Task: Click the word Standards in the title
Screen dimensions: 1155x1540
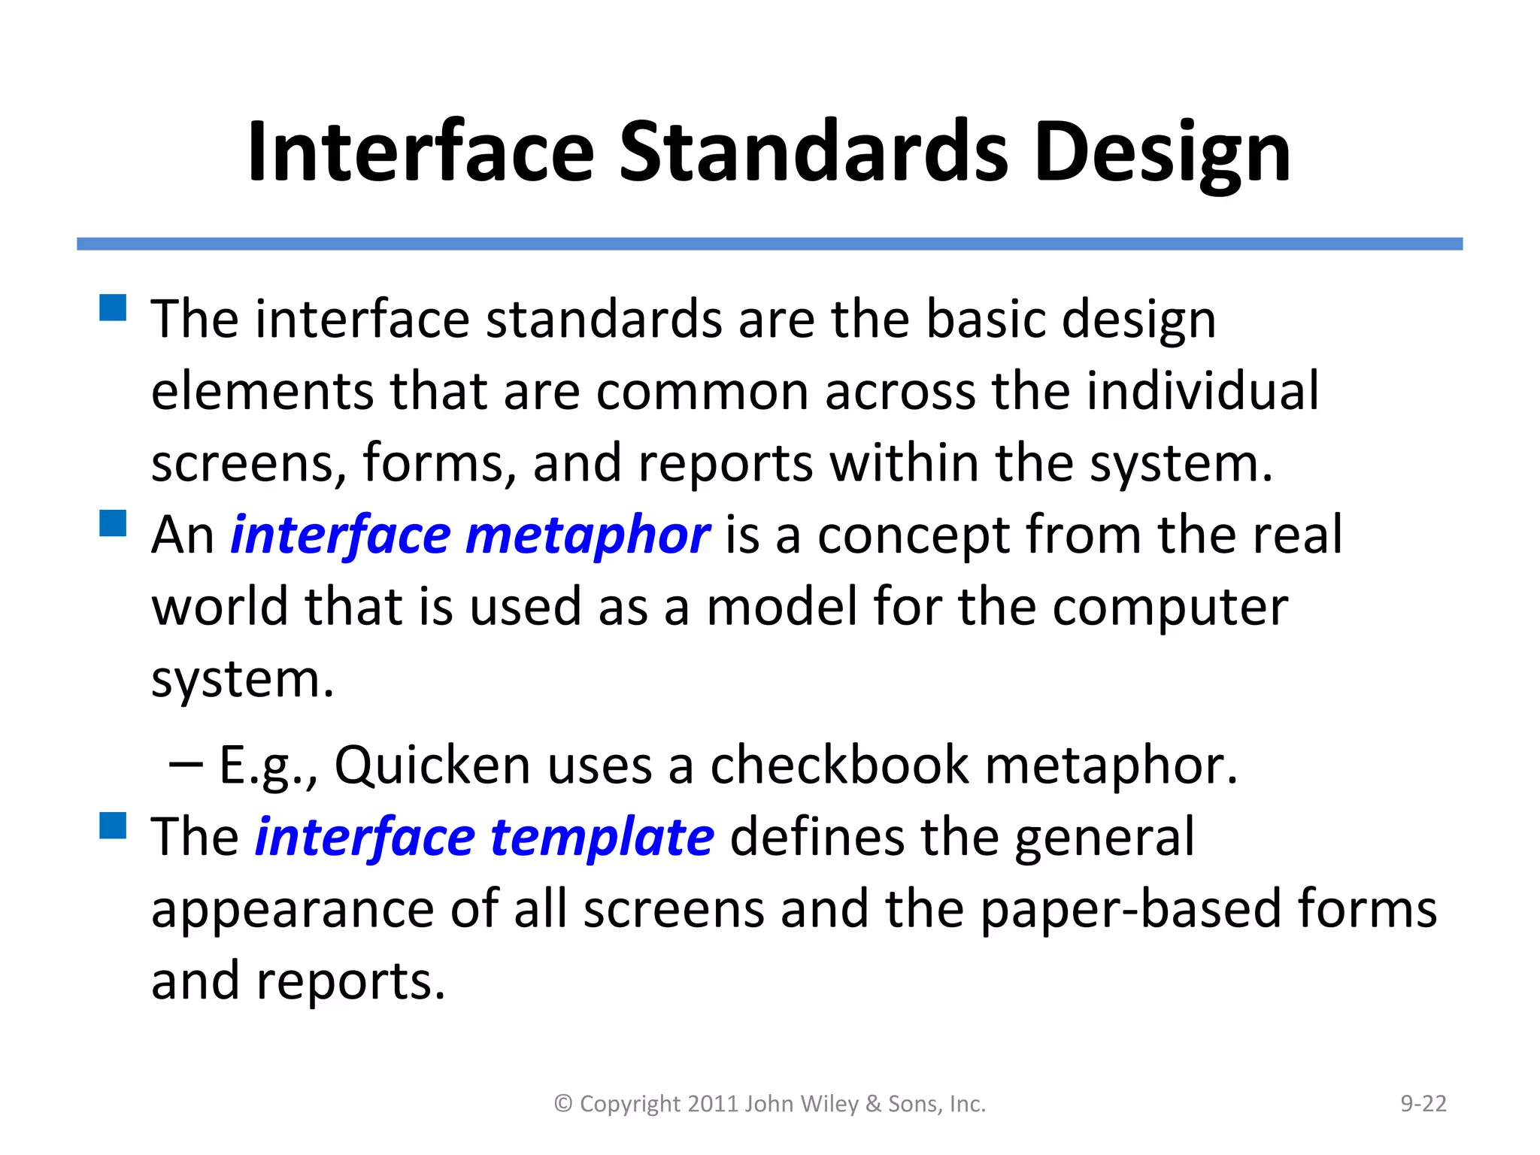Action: tap(813, 153)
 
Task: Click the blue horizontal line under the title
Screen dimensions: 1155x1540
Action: tap(769, 244)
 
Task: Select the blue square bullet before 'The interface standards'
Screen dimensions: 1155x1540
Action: tap(113, 308)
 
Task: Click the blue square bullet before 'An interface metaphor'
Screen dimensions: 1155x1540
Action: tap(113, 523)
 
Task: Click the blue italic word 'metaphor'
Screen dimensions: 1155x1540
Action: tap(587, 535)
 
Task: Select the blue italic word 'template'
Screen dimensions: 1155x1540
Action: tap(602, 838)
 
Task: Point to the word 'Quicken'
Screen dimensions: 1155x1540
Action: tap(432, 765)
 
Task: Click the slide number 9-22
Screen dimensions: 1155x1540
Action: tap(1423, 1103)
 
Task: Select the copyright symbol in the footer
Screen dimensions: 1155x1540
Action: tap(563, 1104)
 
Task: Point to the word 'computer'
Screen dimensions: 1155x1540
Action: tap(1170, 608)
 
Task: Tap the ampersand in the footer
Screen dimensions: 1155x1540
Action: tap(873, 1104)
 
